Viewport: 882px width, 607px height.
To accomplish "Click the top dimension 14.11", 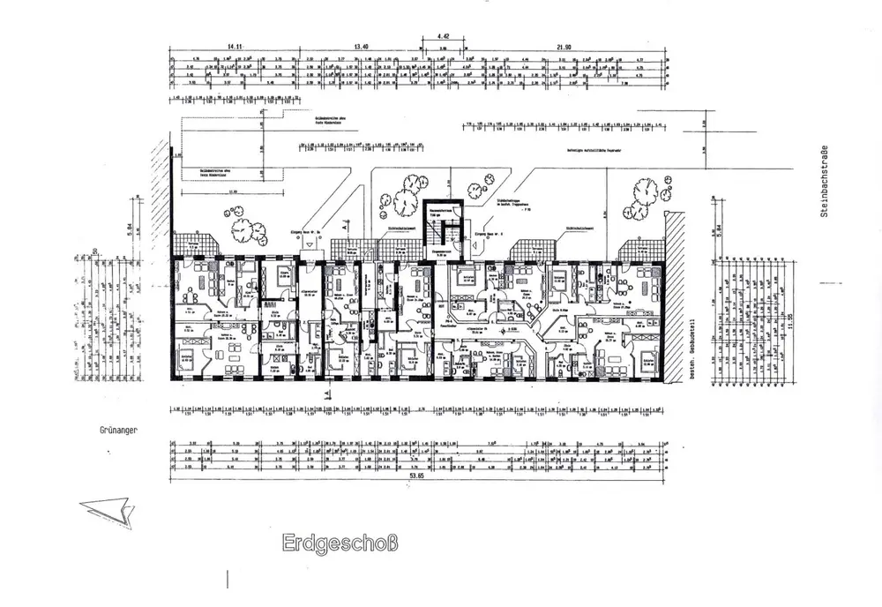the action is [235, 45].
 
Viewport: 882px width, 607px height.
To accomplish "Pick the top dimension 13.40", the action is [360, 45].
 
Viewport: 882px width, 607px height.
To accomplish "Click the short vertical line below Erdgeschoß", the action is [228, 579].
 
